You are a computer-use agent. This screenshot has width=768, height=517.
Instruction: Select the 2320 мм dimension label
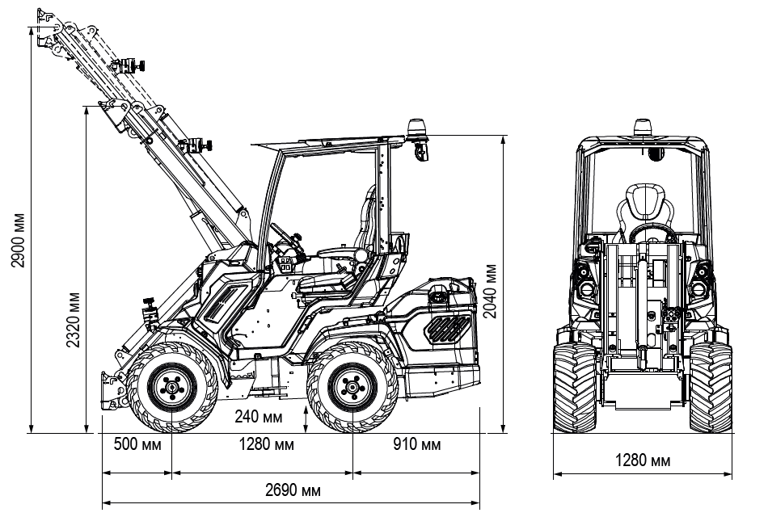click(74, 319)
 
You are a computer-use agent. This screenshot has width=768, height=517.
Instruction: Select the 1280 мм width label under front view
click(644, 460)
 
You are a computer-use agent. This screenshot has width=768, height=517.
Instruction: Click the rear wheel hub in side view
click(352, 388)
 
